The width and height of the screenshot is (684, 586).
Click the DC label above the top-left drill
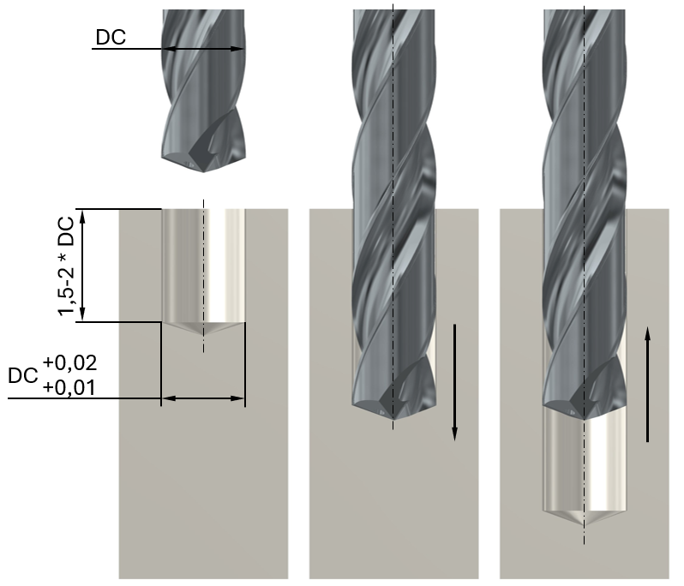[111, 37]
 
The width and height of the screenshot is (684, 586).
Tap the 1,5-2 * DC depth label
[67, 266]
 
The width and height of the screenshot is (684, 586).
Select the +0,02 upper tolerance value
[69, 362]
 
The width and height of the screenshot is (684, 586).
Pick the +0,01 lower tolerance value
[69, 387]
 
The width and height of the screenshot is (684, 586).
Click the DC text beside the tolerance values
[23, 375]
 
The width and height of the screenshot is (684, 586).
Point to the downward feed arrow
[454, 382]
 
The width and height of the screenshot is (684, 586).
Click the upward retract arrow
[647, 384]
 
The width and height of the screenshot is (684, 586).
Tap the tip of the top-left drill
[203, 171]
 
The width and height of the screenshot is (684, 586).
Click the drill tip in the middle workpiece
[393, 419]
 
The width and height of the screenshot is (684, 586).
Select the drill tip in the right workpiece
[585, 419]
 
